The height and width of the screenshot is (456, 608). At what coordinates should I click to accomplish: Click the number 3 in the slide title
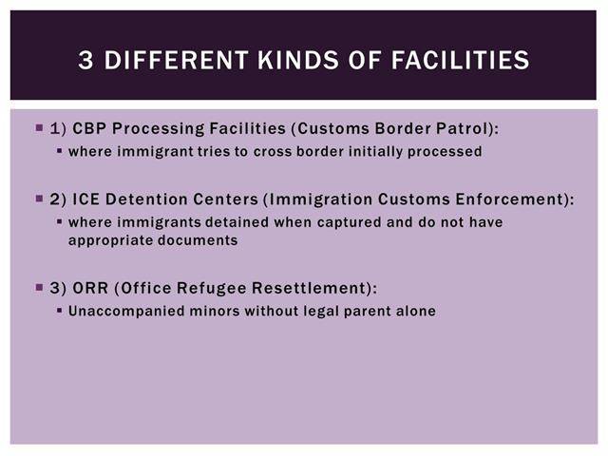pos(85,60)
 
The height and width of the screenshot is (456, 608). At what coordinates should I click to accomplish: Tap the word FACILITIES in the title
pos(460,60)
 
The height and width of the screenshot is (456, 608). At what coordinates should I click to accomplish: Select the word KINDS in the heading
pos(298,60)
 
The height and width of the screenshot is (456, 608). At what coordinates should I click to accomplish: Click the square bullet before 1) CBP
pos(39,127)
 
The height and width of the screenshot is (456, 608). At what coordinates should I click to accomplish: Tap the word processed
pos(445,152)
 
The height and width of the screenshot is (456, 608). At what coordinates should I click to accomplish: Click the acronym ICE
pos(85,199)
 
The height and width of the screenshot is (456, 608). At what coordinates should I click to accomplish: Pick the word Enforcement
pos(509,199)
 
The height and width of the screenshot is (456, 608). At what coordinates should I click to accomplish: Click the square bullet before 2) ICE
pos(39,199)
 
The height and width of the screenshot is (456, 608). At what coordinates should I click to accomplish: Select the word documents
pos(198,240)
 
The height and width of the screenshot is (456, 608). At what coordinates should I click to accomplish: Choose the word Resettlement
pos(309,288)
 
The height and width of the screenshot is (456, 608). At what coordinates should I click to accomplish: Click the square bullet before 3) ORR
pos(39,287)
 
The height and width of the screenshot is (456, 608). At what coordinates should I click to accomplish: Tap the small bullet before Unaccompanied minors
pos(59,311)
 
